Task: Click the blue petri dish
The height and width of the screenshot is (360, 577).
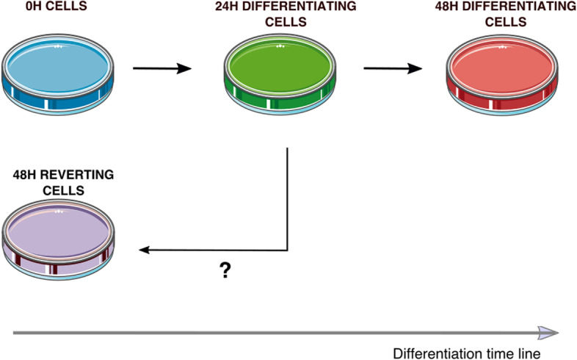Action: point(61,73)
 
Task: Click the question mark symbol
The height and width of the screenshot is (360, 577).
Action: point(225,272)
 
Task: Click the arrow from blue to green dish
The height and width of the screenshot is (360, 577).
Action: point(162,70)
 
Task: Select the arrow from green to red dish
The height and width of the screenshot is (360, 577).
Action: point(393,70)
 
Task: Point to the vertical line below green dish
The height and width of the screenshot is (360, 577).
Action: point(286,198)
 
